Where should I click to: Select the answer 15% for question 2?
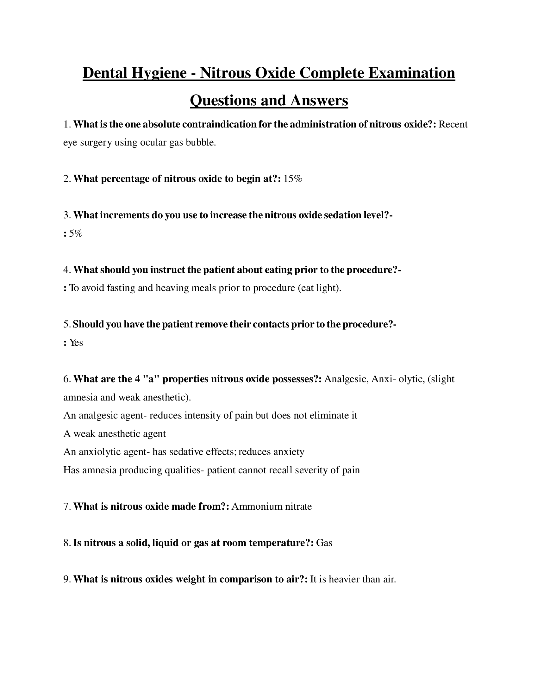point(293,179)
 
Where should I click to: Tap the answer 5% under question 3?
point(76,233)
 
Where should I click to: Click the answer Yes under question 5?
point(76,343)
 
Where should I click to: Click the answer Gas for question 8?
point(324,543)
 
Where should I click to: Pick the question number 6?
point(66,379)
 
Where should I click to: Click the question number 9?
point(66,579)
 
